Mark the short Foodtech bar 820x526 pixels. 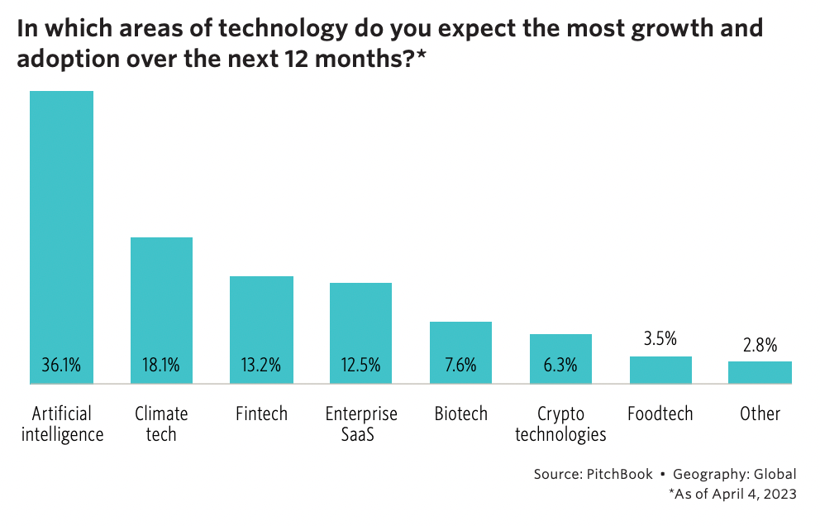(660, 370)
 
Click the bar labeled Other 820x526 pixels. (760, 372)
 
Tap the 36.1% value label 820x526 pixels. (61, 365)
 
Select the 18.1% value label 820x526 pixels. (161, 365)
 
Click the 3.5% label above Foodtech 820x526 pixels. (660, 338)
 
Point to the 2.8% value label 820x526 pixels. (760, 346)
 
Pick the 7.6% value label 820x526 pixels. (460, 365)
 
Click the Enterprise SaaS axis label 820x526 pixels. (360, 423)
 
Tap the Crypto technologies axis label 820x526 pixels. (560, 423)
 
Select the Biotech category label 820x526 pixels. (460, 414)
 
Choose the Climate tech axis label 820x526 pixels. (161, 423)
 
